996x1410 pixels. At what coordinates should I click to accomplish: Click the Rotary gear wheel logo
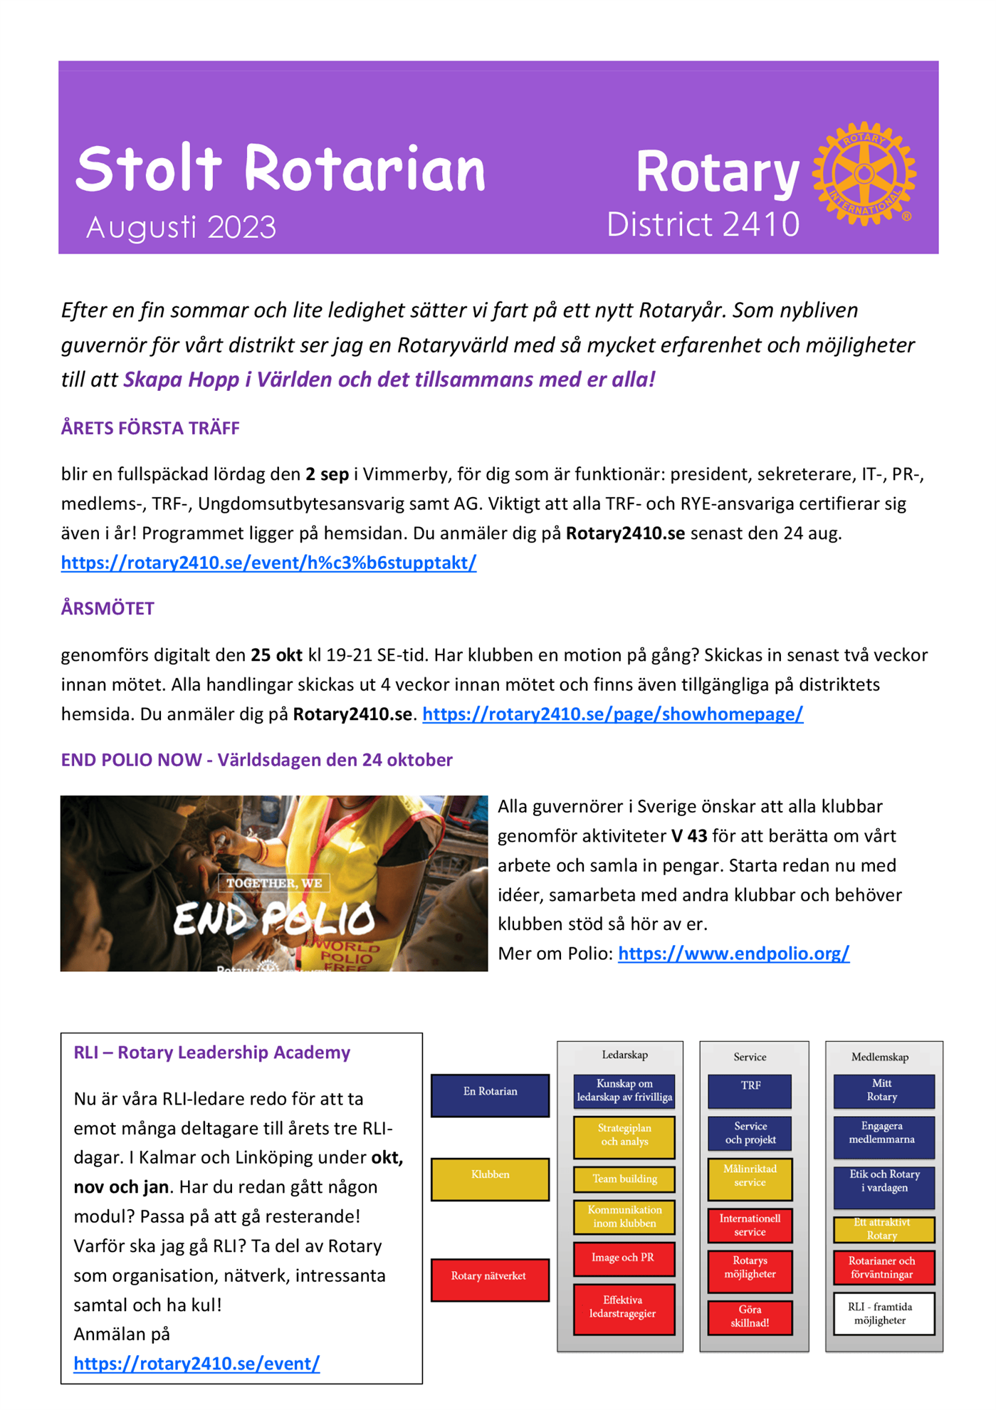coord(864,173)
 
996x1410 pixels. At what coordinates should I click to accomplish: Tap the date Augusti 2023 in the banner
coord(181,228)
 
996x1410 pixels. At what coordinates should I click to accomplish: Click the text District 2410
coord(703,224)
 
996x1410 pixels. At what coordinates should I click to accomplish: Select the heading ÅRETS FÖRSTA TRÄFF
coord(150,428)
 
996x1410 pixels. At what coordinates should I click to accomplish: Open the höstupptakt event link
coord(268,563)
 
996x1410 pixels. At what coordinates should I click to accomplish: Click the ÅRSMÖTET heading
coord(108,608)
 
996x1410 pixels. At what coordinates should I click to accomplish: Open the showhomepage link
coord(612,714)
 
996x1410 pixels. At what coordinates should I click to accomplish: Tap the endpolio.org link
coord(733,954)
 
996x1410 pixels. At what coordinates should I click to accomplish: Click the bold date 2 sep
coord(327,474)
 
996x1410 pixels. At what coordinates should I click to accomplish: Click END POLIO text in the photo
coord(274,919)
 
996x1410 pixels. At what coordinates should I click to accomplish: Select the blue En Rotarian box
coord(490,1095)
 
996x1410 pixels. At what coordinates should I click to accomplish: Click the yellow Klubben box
coord(490,1179)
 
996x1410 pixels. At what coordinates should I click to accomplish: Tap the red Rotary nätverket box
coord(490,1279)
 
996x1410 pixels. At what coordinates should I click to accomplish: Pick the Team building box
coord(624,1179)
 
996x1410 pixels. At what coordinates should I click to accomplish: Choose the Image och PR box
coord(624,1258)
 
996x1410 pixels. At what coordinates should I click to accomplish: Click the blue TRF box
coord(750,1090)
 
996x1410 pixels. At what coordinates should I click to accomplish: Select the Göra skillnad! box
coord(750,1316)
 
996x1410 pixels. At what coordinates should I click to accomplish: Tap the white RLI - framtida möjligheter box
coord(883,1313)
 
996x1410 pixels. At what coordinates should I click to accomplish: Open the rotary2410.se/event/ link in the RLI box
coord(196,1363)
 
